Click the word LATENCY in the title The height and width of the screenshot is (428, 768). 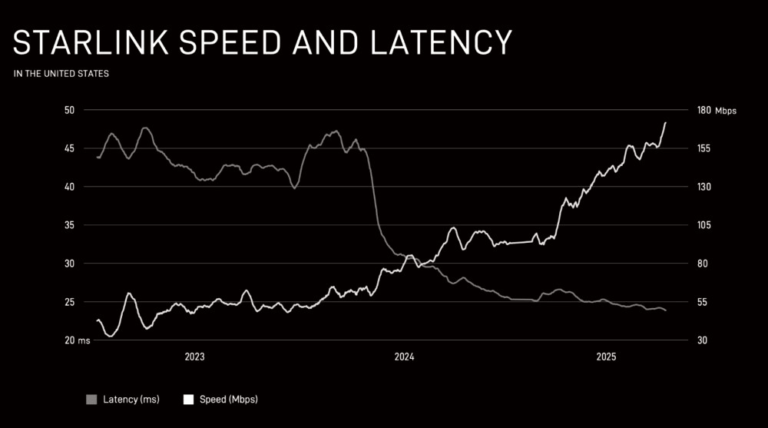point(441,43)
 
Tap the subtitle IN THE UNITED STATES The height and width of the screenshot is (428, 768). point(61,75)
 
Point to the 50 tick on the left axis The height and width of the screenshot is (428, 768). point(69,110)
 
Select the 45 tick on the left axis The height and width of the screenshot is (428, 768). point(69,148)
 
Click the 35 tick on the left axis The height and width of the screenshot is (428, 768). point(69,225)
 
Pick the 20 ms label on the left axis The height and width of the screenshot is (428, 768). point(77,340)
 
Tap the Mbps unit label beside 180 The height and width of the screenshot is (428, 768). point(725,111)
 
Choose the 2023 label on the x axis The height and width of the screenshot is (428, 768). point(194,357)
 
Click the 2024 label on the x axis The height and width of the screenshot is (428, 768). point(404,357)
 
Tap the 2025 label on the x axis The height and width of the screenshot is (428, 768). point(607,357)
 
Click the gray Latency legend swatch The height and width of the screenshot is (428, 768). point(92,400)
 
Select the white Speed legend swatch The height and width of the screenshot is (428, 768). point(188,400)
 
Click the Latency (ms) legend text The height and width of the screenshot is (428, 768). point(131,400)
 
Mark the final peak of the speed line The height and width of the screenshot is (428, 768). point(665,123)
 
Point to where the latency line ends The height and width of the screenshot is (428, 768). point(665,310)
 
